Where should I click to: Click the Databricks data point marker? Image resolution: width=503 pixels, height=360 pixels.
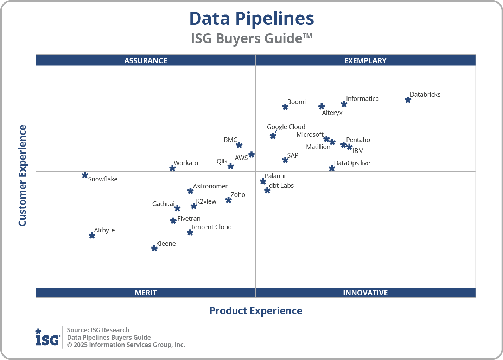pyautogui.click(x=408, y=100)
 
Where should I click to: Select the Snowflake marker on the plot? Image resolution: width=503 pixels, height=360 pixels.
pyautogui.click(x=85, y=175)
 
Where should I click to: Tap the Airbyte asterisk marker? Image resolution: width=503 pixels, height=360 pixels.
pyautogui.click(x=92, y=235)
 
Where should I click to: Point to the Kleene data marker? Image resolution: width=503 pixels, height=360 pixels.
pyautogui.click(x=154, y=248)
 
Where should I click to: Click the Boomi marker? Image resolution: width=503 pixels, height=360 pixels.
pyautogui.click(x=285, y=107)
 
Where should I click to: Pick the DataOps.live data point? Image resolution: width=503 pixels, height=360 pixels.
pyautogui.click(x=332, y=168)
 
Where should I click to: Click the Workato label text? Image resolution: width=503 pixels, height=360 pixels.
pyautogui.click(x=186, y=163)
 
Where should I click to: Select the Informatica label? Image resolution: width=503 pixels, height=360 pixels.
pyautogui.click(x=362, y=99)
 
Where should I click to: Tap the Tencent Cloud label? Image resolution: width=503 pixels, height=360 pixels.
pyautogui.click(x=211, y=227)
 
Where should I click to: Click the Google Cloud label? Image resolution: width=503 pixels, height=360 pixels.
pyautogui.click(x=286, y=127)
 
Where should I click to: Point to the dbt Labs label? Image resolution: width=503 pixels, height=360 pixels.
pyautogui.click(x=281, y=186)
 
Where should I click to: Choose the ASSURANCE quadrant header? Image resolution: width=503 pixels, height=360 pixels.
pyautogui.click(x=146, y=60)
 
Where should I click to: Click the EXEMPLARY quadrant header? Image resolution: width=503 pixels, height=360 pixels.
pyautogui.click(x=365, y=60)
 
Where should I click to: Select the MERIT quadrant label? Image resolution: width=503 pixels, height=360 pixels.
pyautogui.click(x=146, y=292)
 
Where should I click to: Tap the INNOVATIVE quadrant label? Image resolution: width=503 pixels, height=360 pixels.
pyautogui.click(x=365, y=292)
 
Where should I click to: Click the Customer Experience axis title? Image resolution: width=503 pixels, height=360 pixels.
pyautogui.click(x=23, y=176)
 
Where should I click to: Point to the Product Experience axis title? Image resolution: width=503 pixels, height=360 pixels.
pyautogui.click(x=256, y=311)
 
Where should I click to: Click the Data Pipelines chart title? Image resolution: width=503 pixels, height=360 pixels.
pyautogui.click(x=251, y=19)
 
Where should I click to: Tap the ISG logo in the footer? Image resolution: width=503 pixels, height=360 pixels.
pyautogui.click(x=47, y=337)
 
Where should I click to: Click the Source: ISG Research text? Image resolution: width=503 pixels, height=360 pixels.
pyautogui.click(x=98, y=330)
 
